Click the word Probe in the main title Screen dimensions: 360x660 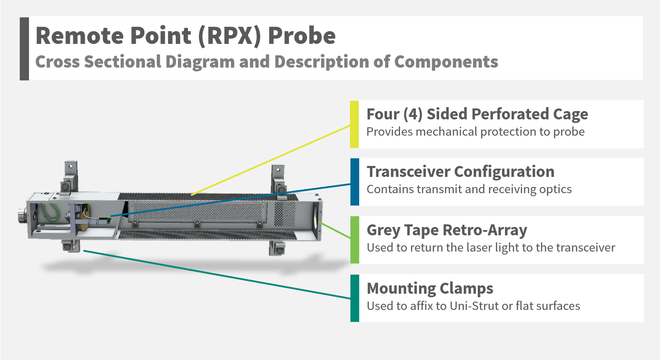(302, 36)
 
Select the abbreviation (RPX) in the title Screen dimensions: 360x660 (230, 36)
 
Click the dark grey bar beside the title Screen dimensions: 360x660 (24, 49)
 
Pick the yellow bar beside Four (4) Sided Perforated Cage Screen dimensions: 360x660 (354, 124)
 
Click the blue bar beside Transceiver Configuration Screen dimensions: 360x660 (354, 182)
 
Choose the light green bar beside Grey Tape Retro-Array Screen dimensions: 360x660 (354, 240)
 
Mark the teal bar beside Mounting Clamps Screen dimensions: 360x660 (354, 298)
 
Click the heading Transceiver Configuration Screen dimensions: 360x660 (460, 172)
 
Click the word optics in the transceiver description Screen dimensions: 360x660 (557, 189)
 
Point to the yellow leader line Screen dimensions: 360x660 (272, 160)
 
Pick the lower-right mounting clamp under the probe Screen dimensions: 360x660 (277, 248)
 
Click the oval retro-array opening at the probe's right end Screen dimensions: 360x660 (316, 217)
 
